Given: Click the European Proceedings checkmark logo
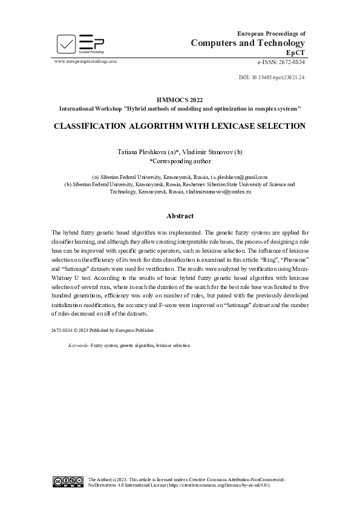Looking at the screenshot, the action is click(x=67, y=44).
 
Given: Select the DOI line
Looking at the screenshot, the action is click(x=272, y=77).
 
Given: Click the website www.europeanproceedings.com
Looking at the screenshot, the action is click(x=85, y=62).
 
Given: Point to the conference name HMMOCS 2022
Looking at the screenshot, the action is click(x=180, y=100).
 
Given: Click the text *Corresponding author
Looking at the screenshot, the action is click(x=180, y=161).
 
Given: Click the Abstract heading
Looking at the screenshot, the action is click(x=180, y=216).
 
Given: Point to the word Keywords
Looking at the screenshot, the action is click(x=78, y=345).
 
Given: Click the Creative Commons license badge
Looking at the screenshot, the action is click(x=67, y=481).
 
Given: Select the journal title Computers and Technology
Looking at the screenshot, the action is click(x=248, y=43).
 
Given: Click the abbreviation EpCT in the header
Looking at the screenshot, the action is click(x=295, y=53).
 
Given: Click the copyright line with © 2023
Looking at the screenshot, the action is click(x=103, y=330).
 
